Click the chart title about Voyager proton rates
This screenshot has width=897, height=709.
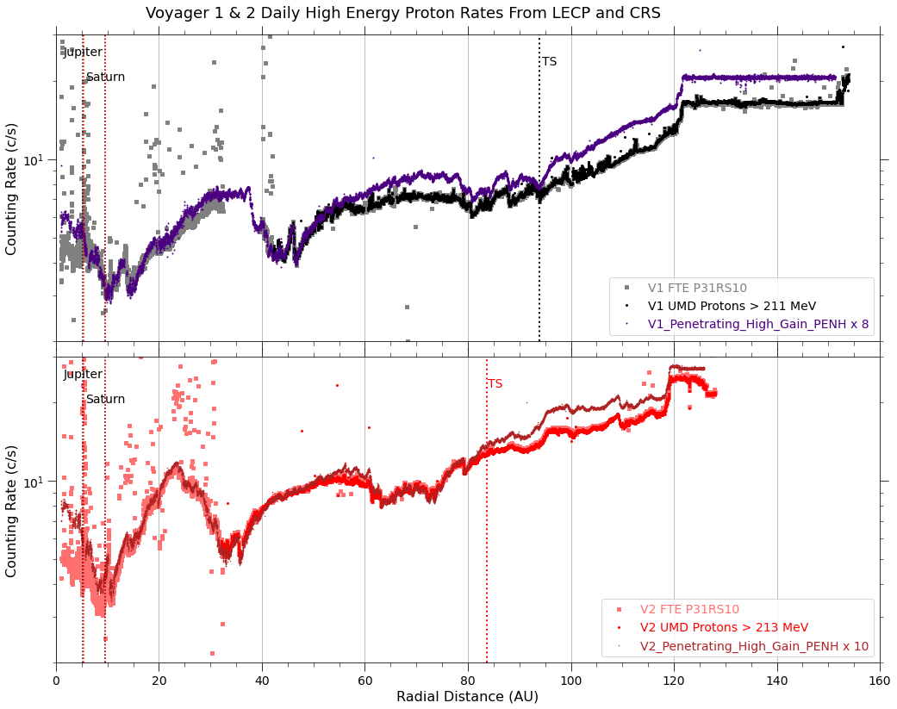[403, 13]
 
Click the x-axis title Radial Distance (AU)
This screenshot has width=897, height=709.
[467, 696]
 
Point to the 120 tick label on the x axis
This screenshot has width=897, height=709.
[674, 679]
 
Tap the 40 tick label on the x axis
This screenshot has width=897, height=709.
[262, 679]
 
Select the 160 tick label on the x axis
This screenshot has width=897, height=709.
[880, 679]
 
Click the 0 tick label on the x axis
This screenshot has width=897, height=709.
[56, 679]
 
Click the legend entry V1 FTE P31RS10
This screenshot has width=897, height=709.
[697, 288]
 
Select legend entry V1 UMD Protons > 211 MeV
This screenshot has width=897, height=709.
[732, 306]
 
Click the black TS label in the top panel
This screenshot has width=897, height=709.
[549, 62]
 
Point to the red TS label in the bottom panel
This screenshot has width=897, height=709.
[495, 384]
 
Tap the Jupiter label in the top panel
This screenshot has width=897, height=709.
[83, 53]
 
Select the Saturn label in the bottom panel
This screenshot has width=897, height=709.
[105, 400]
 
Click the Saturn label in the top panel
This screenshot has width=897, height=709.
[105, 78]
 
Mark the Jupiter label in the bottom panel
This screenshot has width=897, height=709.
[83, 375]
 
